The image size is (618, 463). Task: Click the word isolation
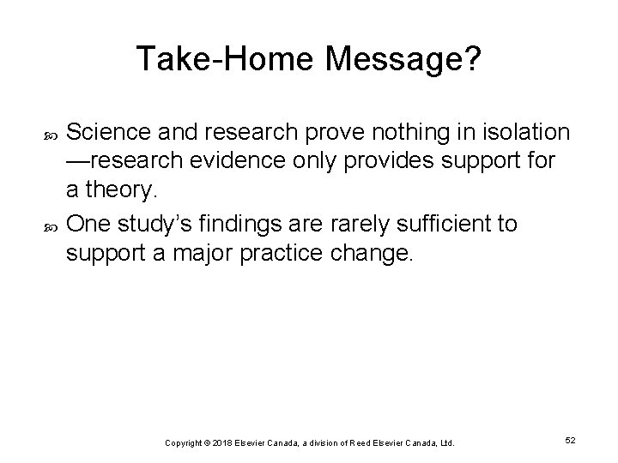[522, 132]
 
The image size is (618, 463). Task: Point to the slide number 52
[570, 440]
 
